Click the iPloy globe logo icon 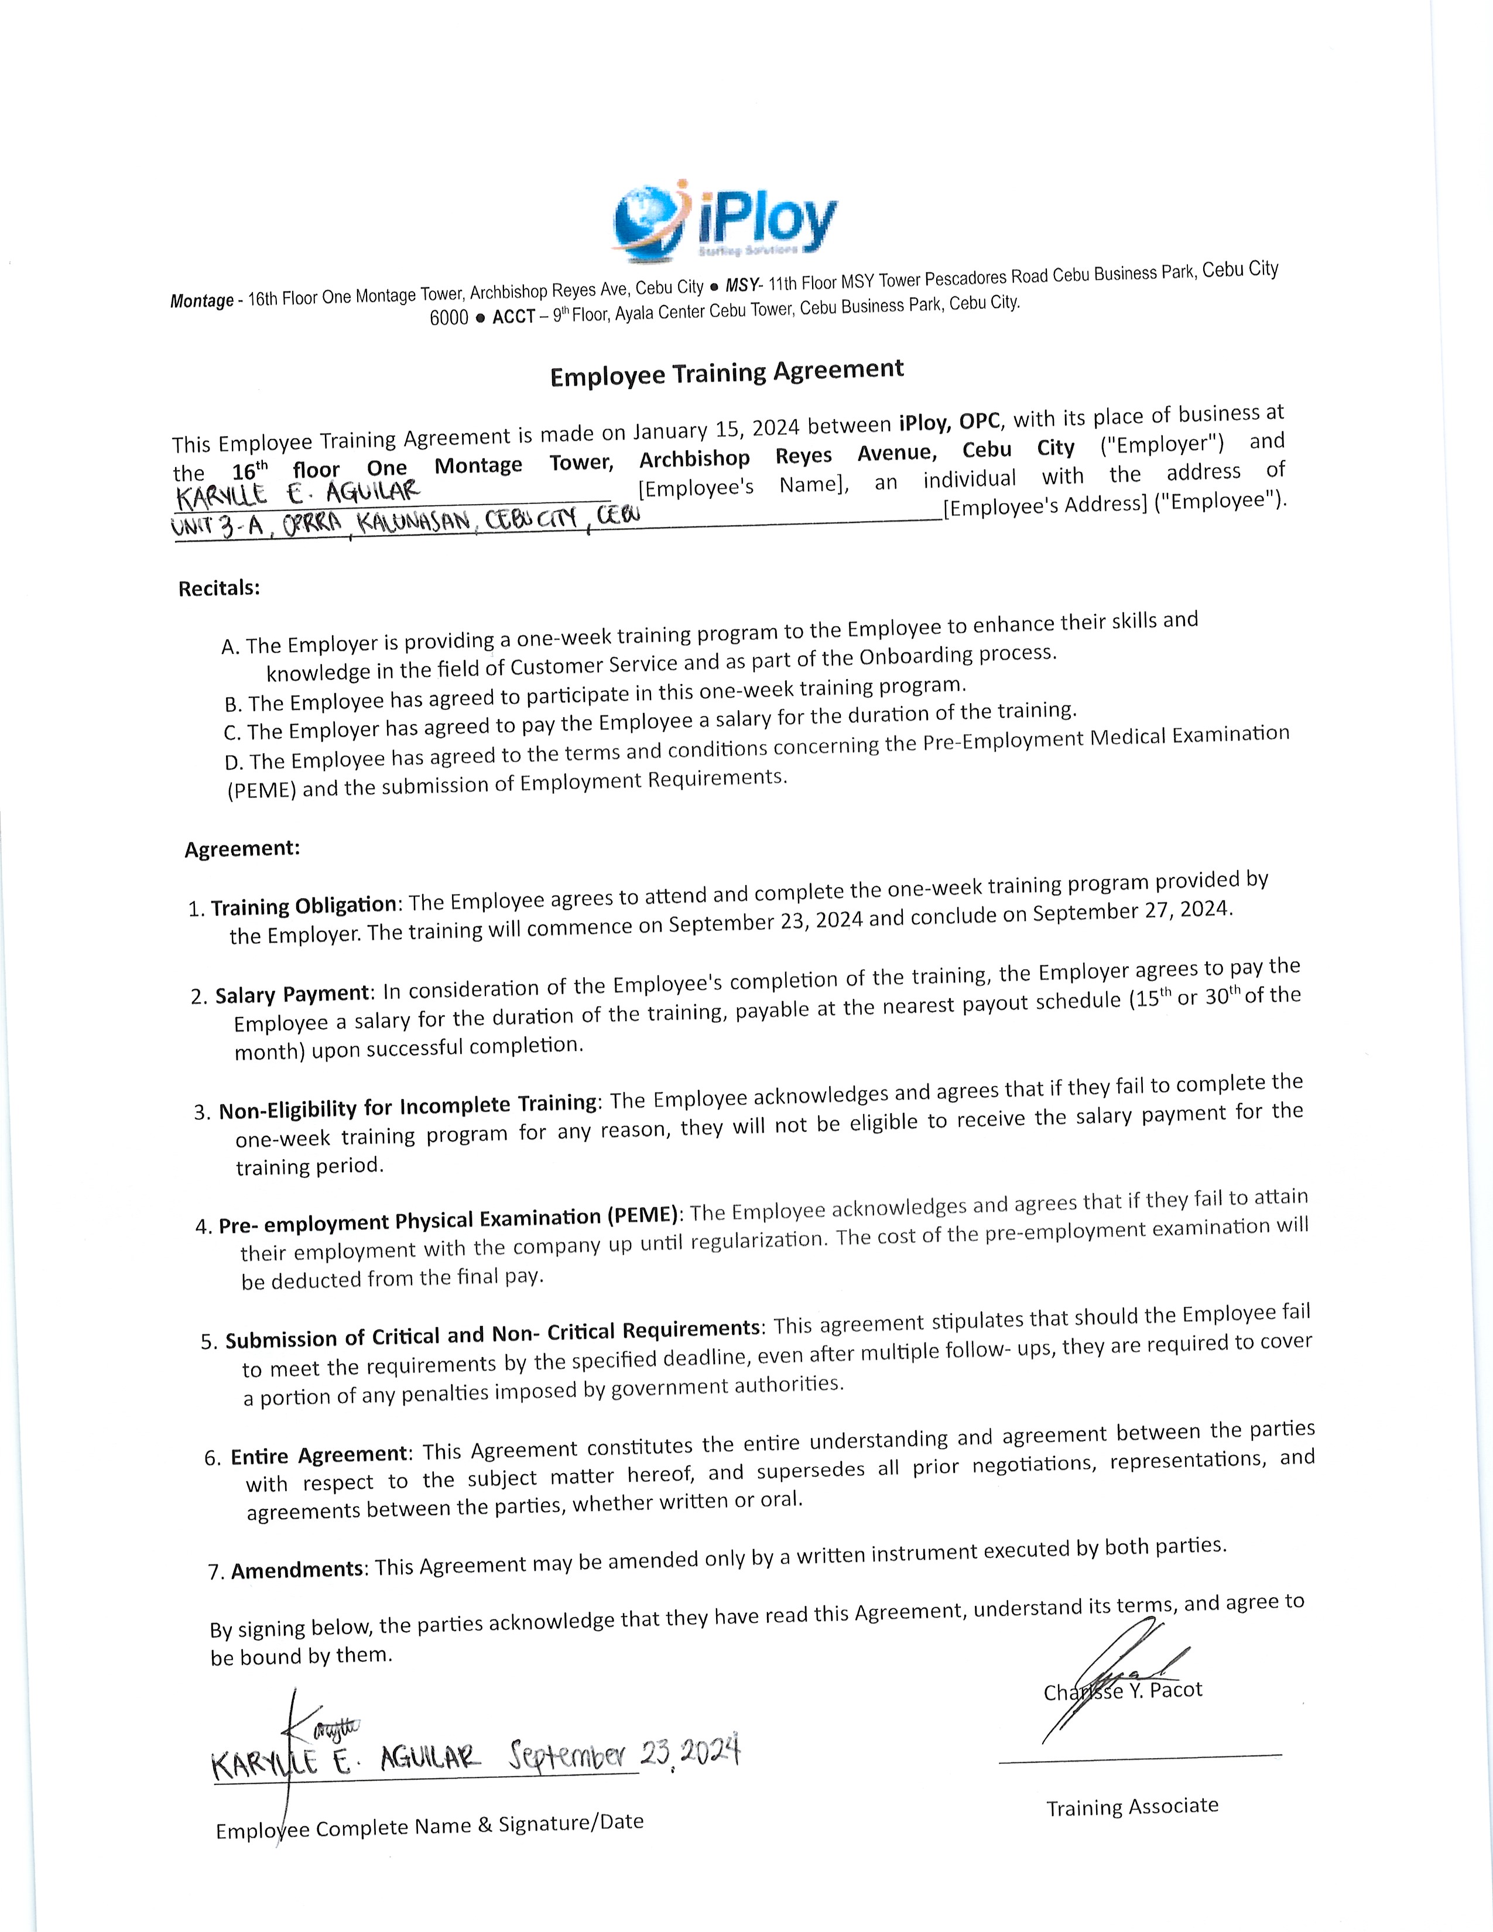click(x=649, y=221)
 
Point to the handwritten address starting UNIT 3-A click(x=407, y=522)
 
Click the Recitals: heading click(x=220, y=589)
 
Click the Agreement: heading click(x=242, y=849)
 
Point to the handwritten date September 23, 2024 click(x=624, y=1752)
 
